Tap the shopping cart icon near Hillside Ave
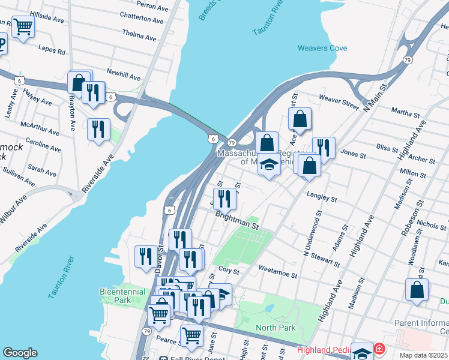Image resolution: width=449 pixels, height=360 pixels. point(23,26)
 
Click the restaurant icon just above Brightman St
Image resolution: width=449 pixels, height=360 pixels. point(224,197)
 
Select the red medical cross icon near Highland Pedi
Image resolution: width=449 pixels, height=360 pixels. point(379,349)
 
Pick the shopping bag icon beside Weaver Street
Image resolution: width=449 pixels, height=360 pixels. point(300,119)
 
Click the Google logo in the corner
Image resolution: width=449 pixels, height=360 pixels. point(20,353)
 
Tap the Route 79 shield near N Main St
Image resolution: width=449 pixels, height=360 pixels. point(408,60)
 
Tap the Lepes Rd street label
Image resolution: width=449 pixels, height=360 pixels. point(52,49)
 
